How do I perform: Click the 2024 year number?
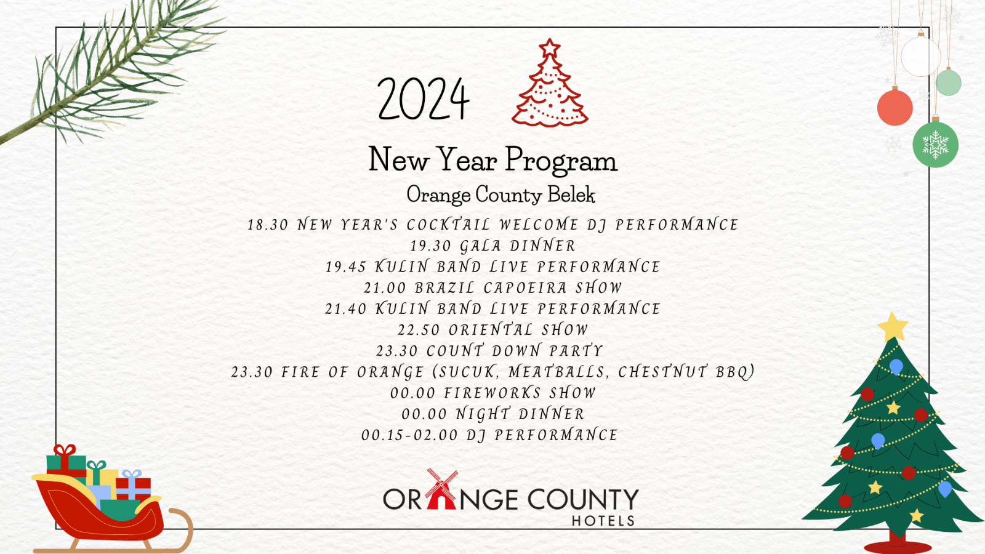(x=424, y=98)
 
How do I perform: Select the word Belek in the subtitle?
(x=571, y=195)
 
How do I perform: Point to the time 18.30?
(x=268, y=225)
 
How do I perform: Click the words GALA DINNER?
(x=518, y=246)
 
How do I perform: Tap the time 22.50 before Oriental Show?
(x=419, y=330)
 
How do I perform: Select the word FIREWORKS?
(x=492, y=393)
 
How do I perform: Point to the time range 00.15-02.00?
(x=409, y=435)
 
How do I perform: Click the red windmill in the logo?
(x=441, y=489)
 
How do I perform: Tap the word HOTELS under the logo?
(x=603, y=521)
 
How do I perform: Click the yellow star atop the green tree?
(x=893, y=326)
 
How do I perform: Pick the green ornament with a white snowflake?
(x=935, y=144)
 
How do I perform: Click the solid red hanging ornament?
(x=895, y=108)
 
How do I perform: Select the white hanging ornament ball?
(x=921, y=56)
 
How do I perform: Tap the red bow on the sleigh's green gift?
(x=65, y=450)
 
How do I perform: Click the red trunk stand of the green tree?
(x=897, y=544)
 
